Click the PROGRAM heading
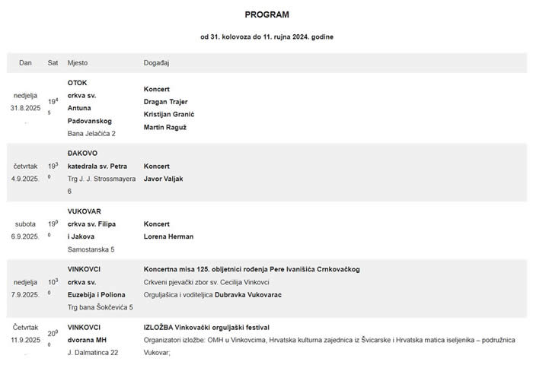point(266,14)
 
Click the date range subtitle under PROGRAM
point(266,36)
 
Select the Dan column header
point(25,62)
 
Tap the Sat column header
point(53,62)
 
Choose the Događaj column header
point(158,62)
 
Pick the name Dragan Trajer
point(165,101)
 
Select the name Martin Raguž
point(164,127)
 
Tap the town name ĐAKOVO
point(81,153)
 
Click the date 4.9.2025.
point(25,179)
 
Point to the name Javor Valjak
point(163,179)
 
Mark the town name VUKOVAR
point(84,211)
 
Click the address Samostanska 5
point(91,249)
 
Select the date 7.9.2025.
point(25,294)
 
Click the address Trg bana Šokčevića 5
point(100,307)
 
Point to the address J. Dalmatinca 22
point(93,352)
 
